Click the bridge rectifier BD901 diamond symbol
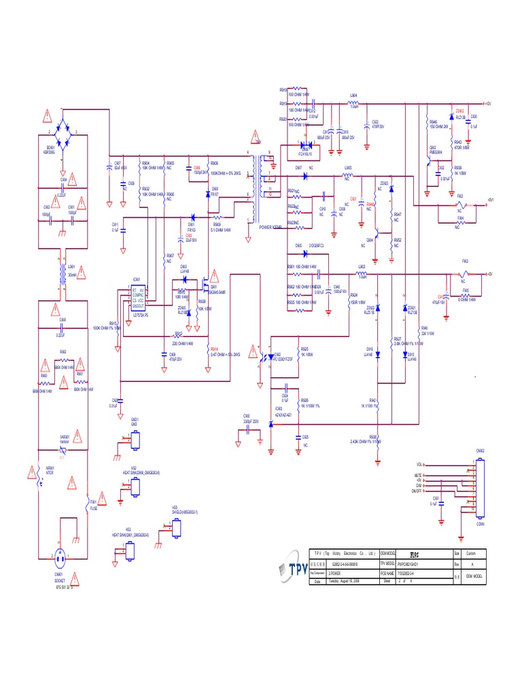click(x=63, y=126)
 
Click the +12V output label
click(x=487, y=104)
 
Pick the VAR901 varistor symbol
click(x=63, y=442)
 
